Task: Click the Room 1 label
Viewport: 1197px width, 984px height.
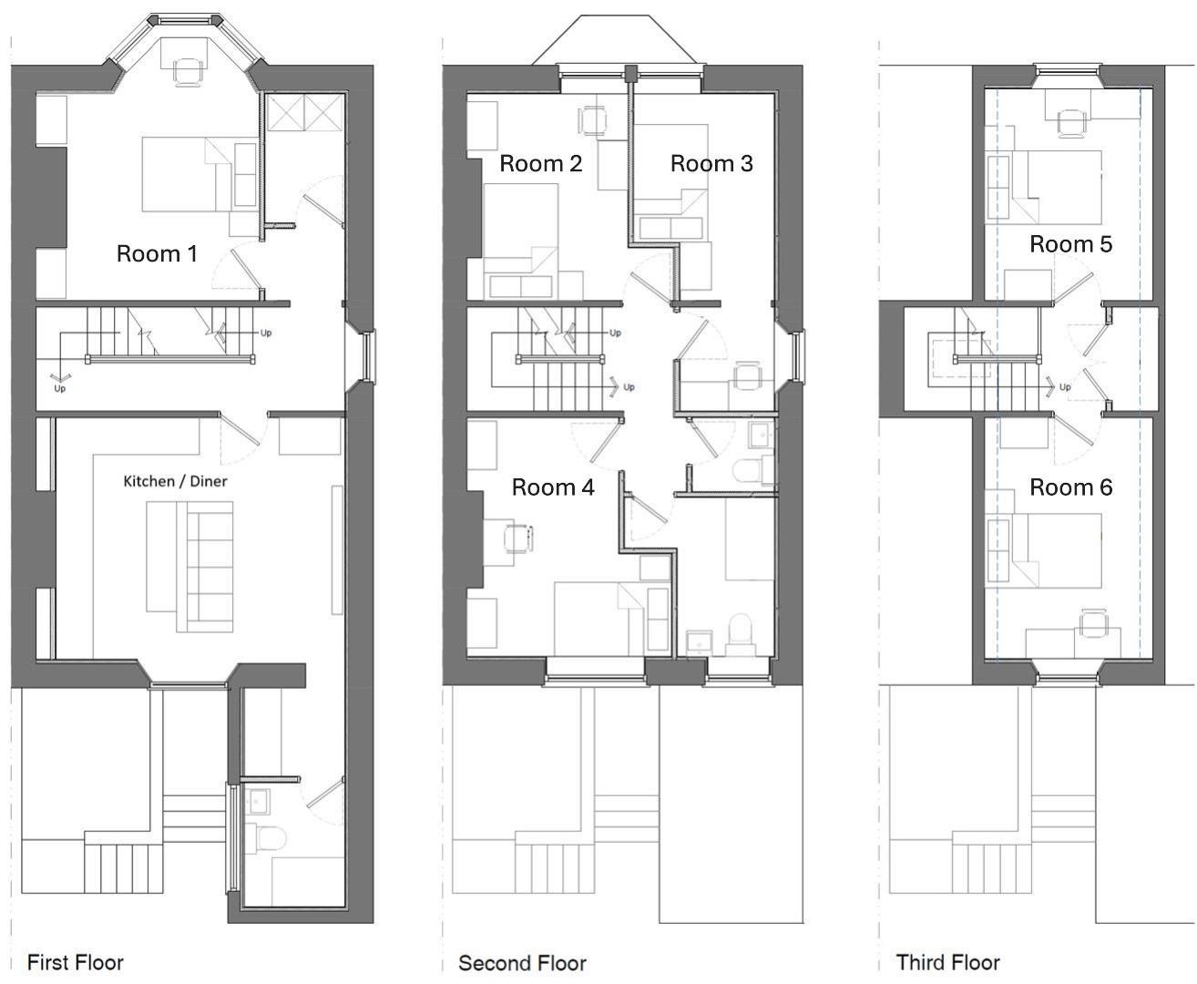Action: [x=157, y=253]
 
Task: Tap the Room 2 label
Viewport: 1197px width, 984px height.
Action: [x=540, y=164]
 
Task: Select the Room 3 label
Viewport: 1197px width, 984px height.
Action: [x=711, y=164]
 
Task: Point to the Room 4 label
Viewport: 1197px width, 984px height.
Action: [x=553, y=487]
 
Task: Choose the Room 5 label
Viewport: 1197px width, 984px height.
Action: [x=1070, y=244]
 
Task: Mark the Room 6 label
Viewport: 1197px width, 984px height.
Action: [x=1070, y=487]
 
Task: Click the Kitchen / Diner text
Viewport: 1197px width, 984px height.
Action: [x=175, y=481]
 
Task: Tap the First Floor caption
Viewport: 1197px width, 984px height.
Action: [x=75, y=962]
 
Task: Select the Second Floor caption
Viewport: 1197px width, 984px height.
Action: [x=522, y=963]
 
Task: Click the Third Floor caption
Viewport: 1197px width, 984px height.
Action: [x=947, y=962]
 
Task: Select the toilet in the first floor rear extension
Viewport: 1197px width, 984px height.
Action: [x=270, y=837]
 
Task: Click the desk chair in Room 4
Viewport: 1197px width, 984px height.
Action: [x=517, y=538]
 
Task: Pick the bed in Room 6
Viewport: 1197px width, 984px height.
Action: [x=1057, y=551]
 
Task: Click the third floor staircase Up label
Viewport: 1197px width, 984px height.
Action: [x=1065, y=387]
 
